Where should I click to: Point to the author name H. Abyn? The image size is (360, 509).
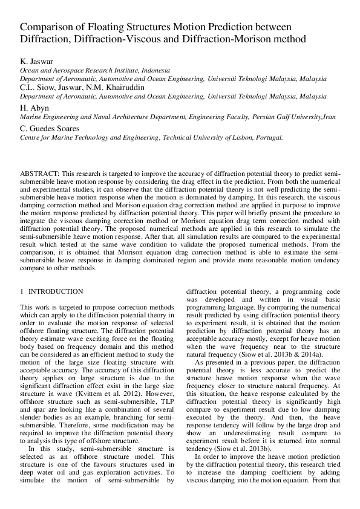click(33, 107)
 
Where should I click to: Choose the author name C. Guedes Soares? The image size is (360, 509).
click(50, 128)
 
